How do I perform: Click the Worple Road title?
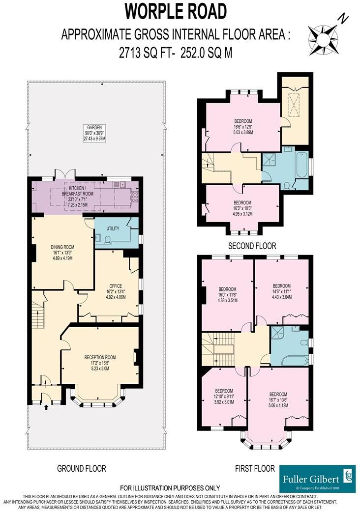[176, 11]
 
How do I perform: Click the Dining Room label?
[61, 251]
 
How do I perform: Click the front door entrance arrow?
[47, 406]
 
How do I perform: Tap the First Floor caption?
[255, 469]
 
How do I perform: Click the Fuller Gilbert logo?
[317, 478]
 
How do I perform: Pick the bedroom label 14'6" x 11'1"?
[281, 292]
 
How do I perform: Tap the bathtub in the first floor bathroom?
[291, 360]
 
